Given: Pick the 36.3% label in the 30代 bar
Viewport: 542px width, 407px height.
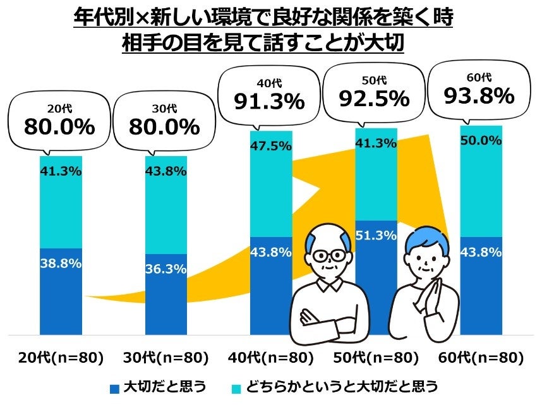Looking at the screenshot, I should (166, 269).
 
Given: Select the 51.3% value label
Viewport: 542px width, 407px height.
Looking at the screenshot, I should (376, 235).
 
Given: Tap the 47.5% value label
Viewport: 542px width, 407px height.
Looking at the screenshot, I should (271, 146).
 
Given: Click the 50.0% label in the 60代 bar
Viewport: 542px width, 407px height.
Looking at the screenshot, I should (481, 140).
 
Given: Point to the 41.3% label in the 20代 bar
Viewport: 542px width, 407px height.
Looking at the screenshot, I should (61, 171).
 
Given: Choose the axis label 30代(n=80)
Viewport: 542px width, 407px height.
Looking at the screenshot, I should (166, 358).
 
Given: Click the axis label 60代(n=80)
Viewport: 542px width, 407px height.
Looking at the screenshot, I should (481, 358).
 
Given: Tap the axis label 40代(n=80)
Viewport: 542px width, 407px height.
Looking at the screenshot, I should (271, 358).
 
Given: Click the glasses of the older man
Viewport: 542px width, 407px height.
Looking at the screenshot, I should (329, 256).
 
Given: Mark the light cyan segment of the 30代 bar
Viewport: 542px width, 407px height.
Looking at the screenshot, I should (166, 202).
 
